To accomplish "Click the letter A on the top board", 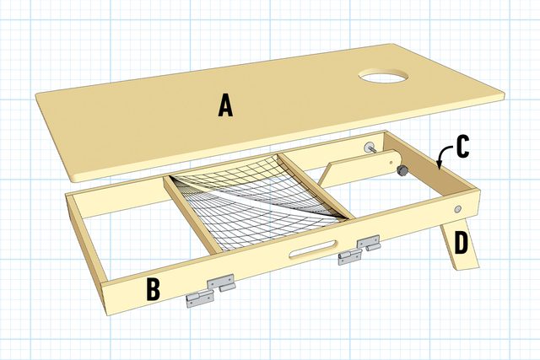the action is [x=225, y=106].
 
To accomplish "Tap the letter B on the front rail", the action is [x=153, y=289].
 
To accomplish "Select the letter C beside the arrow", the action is [x=462, y=147].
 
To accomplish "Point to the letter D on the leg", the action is [x=461, y=243].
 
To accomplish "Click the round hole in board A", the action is [x=383, y=76].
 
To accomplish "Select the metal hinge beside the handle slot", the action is [x=359, y=250].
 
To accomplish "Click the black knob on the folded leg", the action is [x=402, y=169].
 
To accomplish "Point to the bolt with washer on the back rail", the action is [x=370, y=148].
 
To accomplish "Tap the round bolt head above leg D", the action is [x=457, y=209].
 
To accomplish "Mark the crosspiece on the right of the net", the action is [x=315, y=185].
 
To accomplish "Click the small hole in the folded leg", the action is [x=391, y=162].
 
